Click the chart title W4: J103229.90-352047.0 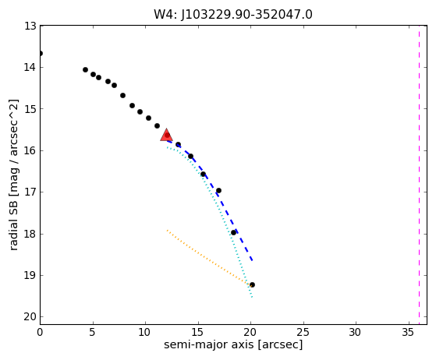click(x=233, y=15)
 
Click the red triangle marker click(x=166, y=135)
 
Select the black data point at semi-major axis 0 click(x=41, y=53)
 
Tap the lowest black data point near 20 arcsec click(x=252, y=284)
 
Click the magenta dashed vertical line click(x=420, y=175)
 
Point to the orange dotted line click(x=209, y=257)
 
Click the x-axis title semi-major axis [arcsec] click(x=233, y=344)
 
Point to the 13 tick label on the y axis click(x=30, y=26)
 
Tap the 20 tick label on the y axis click(x=30, y=316)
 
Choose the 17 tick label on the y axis click(x=30, y=192)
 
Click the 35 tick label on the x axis click(x=409, y=332)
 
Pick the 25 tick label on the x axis click(x=303, y=332)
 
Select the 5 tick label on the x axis click(x=93, y=332)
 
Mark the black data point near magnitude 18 click(x=233, y=232)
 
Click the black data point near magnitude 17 click(x=219, y=191)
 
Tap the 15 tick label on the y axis click(x=30, y=108)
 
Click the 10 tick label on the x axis click(x=145, y=332)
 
